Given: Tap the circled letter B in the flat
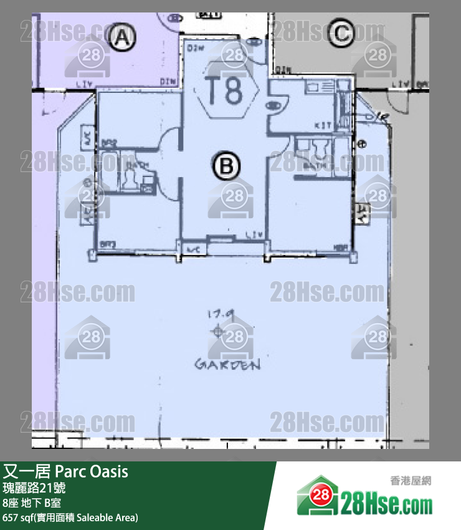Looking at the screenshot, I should (x=226, y=166).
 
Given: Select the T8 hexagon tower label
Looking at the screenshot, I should (x=226, y=92).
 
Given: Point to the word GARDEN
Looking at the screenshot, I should (x=227, y=364).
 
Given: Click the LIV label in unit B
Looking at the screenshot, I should (x=254, y=235).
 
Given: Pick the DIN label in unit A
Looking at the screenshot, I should (x=167, y=81).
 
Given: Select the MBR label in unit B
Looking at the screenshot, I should (x=340, y=248).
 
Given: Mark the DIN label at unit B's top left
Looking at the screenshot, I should (x=196, y=47).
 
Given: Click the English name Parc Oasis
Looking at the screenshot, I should (x=92, y=471).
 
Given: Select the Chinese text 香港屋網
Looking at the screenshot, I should (x=411, y=481).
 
